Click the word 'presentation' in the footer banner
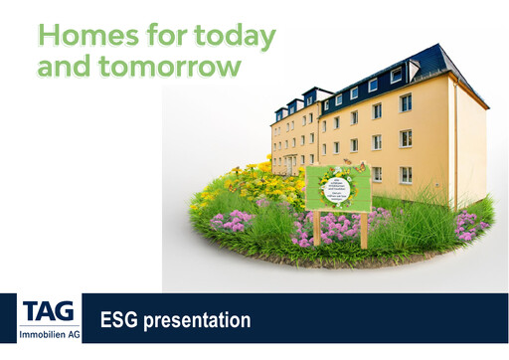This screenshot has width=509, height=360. [198, 321]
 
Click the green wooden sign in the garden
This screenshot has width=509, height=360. [338, 189]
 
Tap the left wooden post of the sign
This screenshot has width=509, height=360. [317, 228]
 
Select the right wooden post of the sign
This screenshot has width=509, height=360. [364, 230]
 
